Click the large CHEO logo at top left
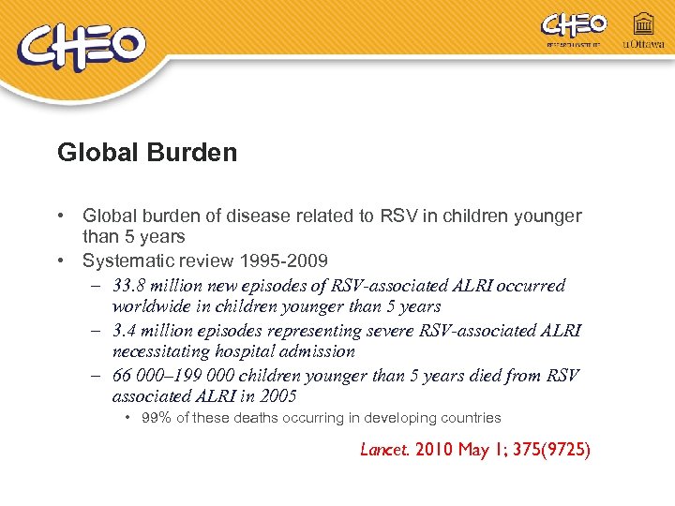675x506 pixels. (x=84, y=47)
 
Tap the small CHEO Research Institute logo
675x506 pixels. (x=574, y=27)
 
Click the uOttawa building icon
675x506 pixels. (x=644, y=23)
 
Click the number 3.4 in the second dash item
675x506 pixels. (x=125, y=331)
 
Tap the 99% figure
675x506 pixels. (x=156, y=418)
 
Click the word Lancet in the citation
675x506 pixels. (x=383, y=449)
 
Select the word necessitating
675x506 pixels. (x=161, y=351)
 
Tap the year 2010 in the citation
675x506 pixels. (x=435, y=450)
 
